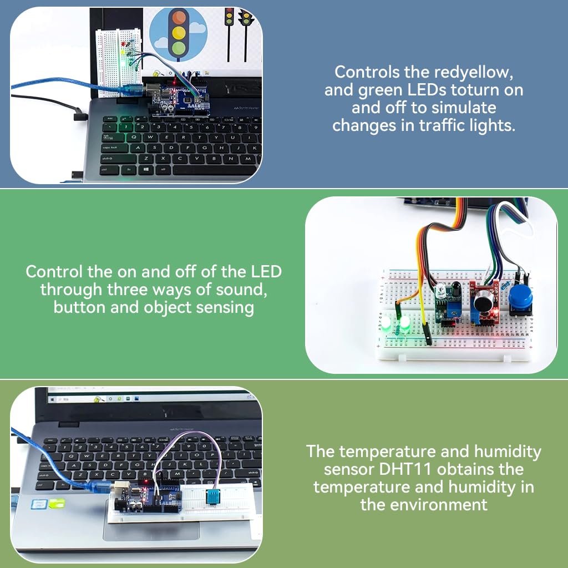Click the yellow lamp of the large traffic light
pos(178,33)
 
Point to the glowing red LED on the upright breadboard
pos(127,44)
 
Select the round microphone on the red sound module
pos(481,303)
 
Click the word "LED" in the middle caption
pos(266,272)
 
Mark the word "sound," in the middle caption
pos(242,289)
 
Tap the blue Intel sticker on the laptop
pos(37,504)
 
